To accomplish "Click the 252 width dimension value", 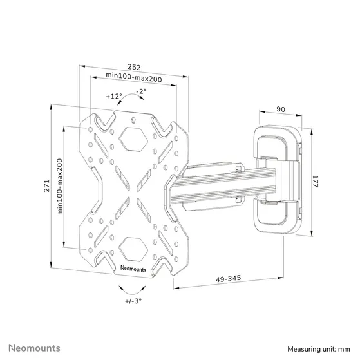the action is pos(134,67).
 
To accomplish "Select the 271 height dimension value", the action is pos(47,185).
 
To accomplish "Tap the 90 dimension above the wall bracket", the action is pos(281,109).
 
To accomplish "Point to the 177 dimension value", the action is pos(315,182).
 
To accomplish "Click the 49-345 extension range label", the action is pos(229,278).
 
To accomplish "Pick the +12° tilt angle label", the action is pos(114,96).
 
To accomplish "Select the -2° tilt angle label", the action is pos(141,91).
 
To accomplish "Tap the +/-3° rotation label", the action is pos(133,301).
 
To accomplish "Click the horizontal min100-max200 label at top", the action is pos(134,77).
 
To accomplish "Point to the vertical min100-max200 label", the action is pos(60,186).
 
